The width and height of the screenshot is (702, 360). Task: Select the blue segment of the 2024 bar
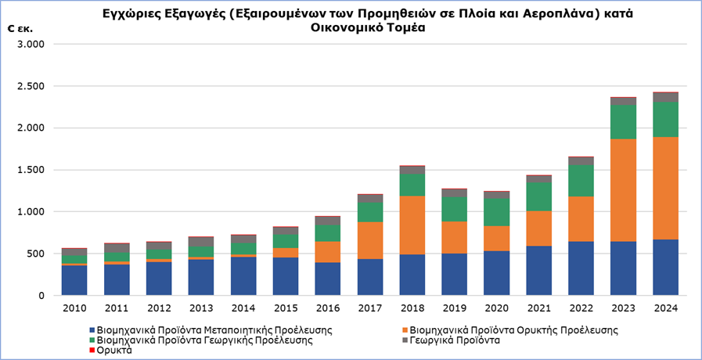(x=665, y=267)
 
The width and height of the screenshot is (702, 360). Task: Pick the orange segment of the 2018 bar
(x=412, y=225)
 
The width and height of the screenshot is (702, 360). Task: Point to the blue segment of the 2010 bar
(x=75, y=280)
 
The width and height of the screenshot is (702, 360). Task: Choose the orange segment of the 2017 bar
(x=370, y=240)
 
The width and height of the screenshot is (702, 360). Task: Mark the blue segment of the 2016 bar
(x=328, y=279)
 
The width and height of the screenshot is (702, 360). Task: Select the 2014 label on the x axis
(x=243, y=308)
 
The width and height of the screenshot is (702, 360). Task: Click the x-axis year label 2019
(x=454, y=308)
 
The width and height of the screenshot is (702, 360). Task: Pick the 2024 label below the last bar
(x=665, y=308)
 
